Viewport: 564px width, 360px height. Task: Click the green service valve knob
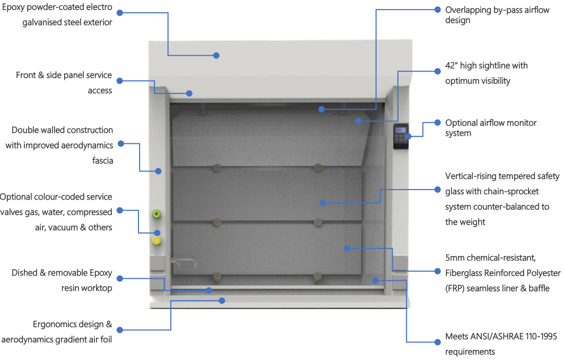157,214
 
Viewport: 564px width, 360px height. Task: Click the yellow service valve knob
157,241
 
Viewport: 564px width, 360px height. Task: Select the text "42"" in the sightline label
451,66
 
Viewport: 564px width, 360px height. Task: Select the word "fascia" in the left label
102,160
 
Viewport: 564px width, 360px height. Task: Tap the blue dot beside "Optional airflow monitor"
437,122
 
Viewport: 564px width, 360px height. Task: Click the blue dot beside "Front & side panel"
119,81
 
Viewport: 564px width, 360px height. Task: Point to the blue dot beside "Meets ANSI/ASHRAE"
437,336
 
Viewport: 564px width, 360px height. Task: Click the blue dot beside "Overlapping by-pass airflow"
437,10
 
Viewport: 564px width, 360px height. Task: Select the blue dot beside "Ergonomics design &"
119,330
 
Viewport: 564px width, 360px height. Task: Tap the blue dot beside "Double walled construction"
119,143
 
